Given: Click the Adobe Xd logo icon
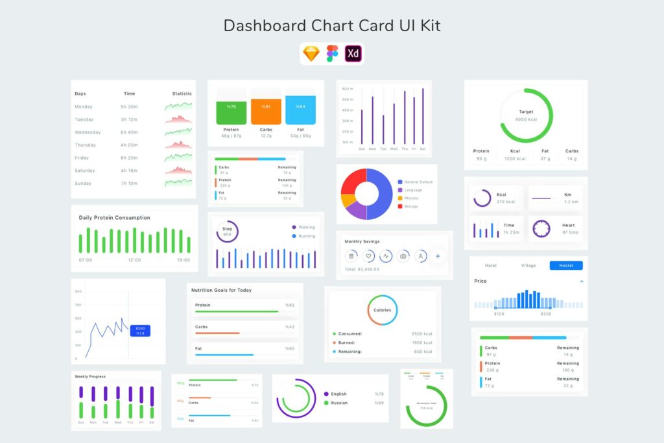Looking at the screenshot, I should [x=353, y=54].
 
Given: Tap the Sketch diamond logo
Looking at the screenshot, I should [x=311, y=54].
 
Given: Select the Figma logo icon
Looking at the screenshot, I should [x=332, y=54].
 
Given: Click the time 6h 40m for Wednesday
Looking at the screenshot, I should [x=129, y=132].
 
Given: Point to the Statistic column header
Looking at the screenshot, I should [x=182, y=93].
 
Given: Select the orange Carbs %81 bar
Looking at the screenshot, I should [x=266, y=110].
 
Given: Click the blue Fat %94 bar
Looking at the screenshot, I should [x=300, y=110].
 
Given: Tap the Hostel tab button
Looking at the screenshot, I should [x=566, y=265].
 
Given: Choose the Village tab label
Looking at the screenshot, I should [x=528, y=265].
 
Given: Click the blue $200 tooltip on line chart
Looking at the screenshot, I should [x=140, y=331].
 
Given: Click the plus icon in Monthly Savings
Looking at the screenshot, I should [x=438, y=256].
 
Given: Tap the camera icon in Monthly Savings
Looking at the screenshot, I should [x=403, y=256].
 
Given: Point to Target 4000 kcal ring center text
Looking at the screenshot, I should [x=527, y=115].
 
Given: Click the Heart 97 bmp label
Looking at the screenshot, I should [x=569, y=228].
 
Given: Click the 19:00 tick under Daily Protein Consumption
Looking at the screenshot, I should [x=184, y=260].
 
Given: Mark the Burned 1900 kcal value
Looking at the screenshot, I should [x=421, y=342].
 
